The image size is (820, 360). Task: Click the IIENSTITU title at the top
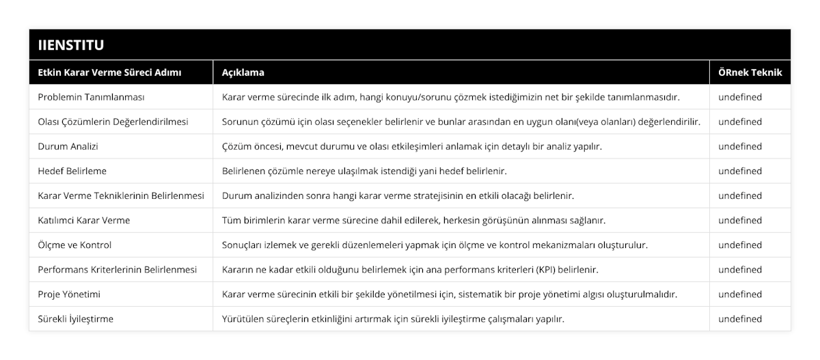71,46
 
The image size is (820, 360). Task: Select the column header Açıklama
243,72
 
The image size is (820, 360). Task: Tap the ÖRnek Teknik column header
749,72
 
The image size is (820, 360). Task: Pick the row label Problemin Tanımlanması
91,97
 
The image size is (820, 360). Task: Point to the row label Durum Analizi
69,146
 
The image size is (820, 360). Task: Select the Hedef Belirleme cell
72,171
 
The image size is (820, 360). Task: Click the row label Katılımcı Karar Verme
83,220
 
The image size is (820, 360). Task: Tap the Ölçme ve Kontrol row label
74,245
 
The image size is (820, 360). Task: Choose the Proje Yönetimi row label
70,294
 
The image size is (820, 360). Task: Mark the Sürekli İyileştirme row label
76,318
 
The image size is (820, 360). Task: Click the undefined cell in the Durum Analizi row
740,146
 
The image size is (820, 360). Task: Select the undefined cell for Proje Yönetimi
740,294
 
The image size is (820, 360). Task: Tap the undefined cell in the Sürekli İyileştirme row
740,318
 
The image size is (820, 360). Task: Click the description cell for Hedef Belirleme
364,171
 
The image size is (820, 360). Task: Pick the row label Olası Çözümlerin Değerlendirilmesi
113,122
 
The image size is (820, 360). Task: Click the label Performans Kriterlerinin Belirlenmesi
117,269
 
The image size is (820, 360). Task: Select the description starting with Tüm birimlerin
413,220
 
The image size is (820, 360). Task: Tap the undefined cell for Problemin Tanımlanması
740,97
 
